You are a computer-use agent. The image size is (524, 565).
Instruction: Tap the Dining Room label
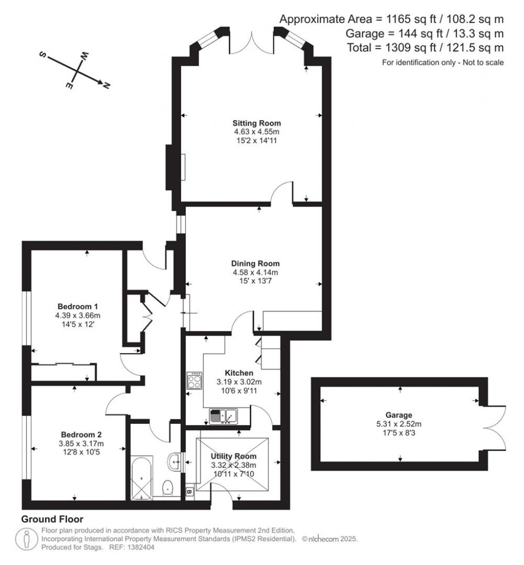(x=255, y=264)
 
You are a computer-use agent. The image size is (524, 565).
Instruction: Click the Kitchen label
(x=238, y=373)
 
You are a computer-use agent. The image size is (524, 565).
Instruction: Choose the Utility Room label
(x=234, y=456)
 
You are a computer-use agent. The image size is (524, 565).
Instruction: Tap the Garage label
(x=399, y=415)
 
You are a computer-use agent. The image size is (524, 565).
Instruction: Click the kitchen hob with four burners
(x=195, y=381)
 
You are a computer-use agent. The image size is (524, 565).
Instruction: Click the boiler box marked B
(x=189, y=492)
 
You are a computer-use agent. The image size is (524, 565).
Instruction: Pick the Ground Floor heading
(x=52, y=519)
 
